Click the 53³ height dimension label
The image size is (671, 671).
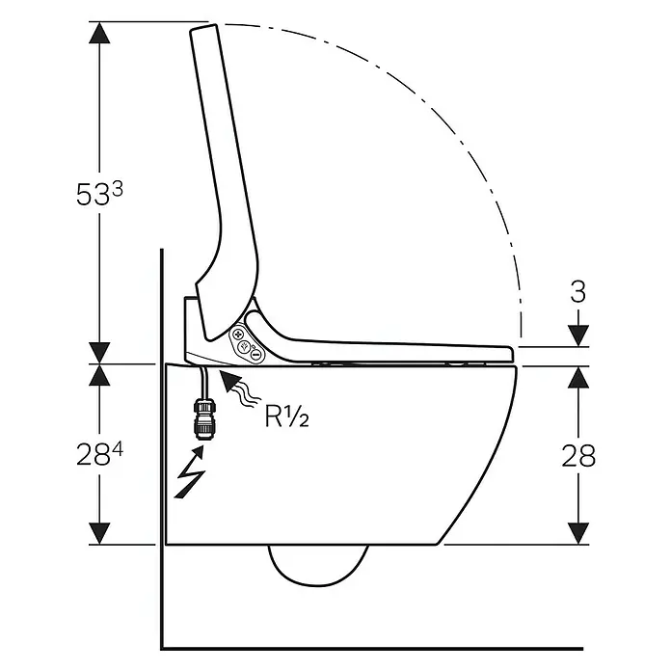pos(99,195)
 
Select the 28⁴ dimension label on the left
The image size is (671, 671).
pos(99,454)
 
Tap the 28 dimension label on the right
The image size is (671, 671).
pos(578,455)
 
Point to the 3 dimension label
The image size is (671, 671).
pos(578,292)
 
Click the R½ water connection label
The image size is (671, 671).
pos(286,416)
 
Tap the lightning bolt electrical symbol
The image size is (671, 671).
pos(190,471)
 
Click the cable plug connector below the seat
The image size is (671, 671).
pos(205,418)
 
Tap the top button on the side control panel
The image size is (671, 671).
pos(238,335)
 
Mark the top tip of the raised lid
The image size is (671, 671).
pos(203,27)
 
